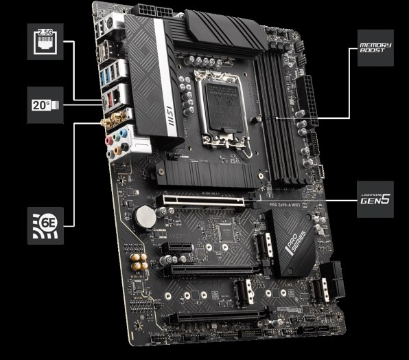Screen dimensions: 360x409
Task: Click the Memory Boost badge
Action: coord(375,48)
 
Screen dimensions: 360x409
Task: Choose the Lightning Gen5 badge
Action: coord(375,199)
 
